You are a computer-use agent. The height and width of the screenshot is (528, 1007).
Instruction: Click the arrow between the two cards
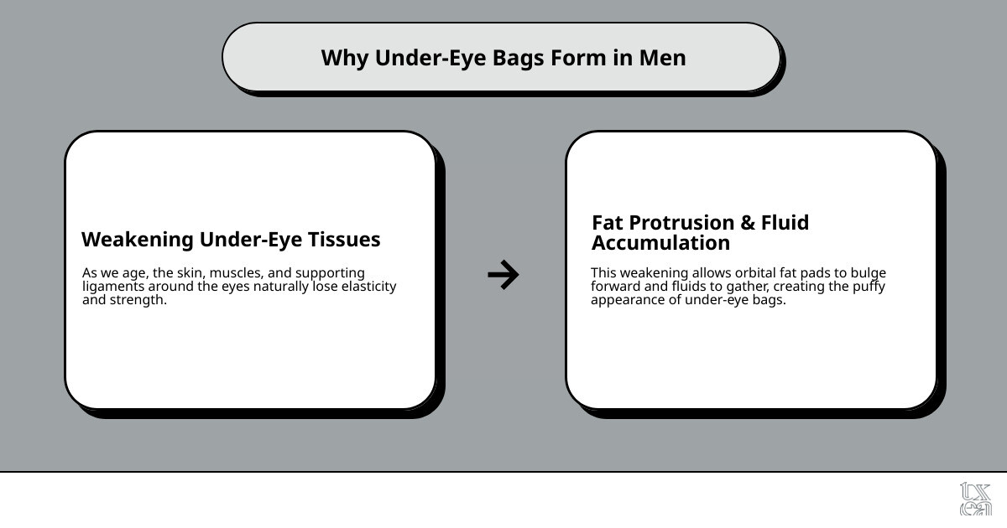503,275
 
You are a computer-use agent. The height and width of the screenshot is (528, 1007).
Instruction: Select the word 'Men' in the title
662,58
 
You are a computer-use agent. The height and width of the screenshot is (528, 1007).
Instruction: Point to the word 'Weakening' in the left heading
137,240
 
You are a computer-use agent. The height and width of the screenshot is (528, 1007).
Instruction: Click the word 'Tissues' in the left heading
343,240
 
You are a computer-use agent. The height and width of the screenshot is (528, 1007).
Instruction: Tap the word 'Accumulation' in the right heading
660,243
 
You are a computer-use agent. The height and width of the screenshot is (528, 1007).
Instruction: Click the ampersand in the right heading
747,223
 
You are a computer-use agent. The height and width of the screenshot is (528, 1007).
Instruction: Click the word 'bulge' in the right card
868,273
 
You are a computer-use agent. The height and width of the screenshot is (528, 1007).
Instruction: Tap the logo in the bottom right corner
975,499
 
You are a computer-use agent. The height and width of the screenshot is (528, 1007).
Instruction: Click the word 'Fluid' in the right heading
785,223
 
